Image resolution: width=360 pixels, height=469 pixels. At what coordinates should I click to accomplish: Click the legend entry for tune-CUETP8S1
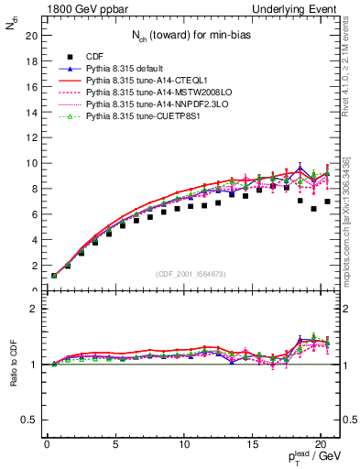(x=142, y=117)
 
